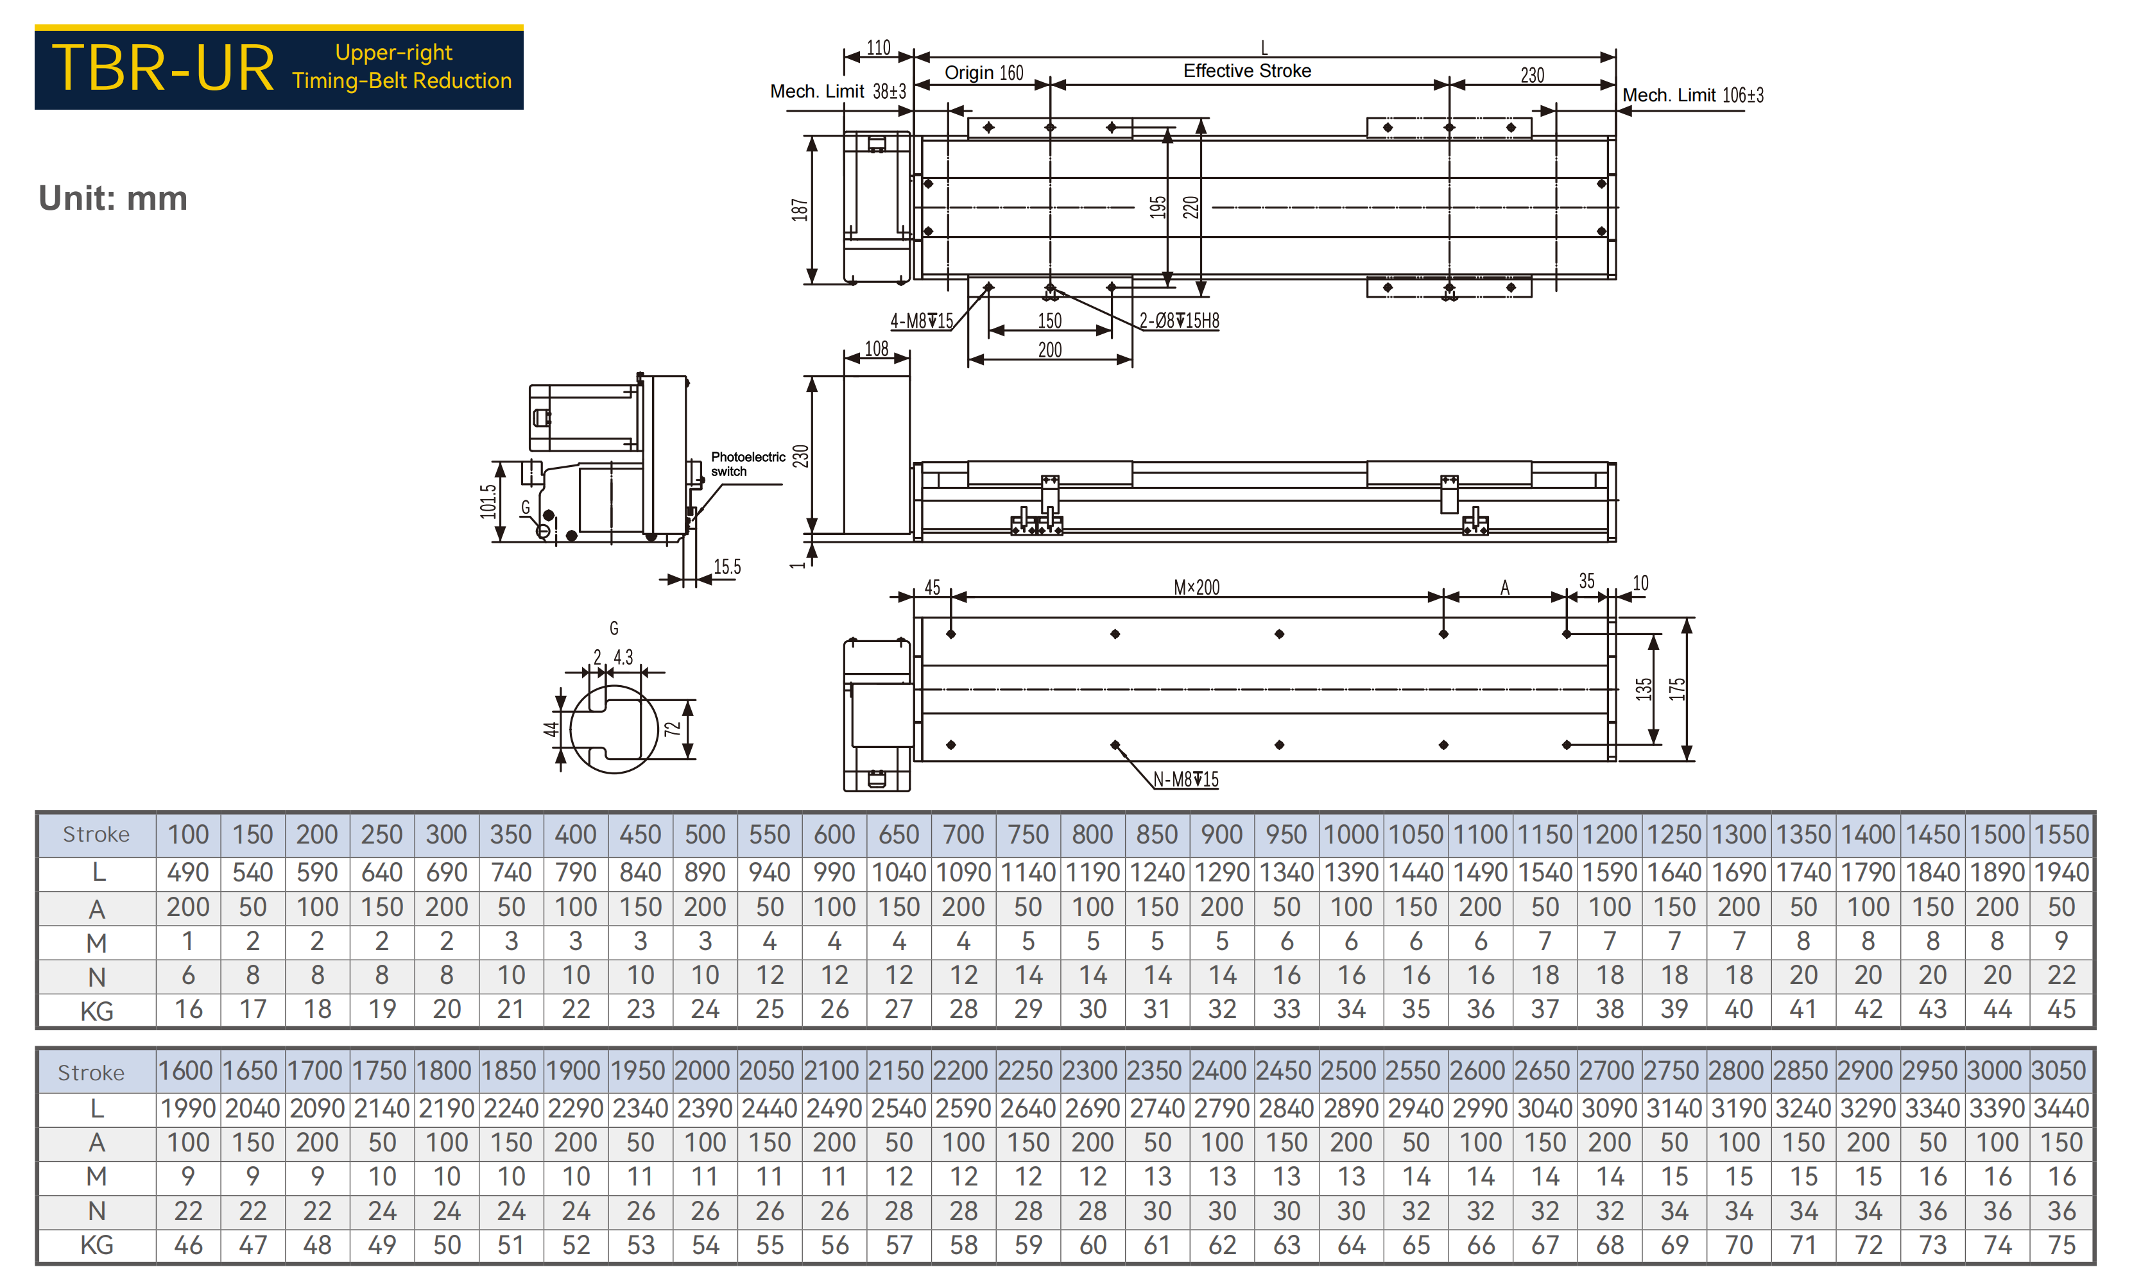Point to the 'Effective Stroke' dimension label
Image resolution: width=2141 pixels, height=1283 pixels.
coord(1247,71)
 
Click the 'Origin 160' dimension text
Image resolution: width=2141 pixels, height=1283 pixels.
coord(983,72)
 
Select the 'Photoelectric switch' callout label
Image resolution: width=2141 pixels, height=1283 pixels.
coord(748,464)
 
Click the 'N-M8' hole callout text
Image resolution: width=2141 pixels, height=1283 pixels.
coord(1185,779)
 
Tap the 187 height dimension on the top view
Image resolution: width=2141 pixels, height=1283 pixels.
coord(800,209)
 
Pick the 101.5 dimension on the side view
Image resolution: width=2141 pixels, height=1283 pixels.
coord(488,502)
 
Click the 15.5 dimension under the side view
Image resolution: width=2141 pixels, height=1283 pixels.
coord(727,567)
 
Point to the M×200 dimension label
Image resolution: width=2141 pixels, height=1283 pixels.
coord(1197,588)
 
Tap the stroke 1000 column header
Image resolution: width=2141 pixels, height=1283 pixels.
coord(1351,835)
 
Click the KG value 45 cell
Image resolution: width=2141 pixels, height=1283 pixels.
coord(2061,1009)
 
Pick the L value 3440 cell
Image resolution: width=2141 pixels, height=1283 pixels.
coord(2061,1109)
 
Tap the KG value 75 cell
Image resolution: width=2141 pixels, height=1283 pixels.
coord(2061,1245)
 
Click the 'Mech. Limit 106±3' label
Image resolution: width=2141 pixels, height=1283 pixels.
coord(1692,95)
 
